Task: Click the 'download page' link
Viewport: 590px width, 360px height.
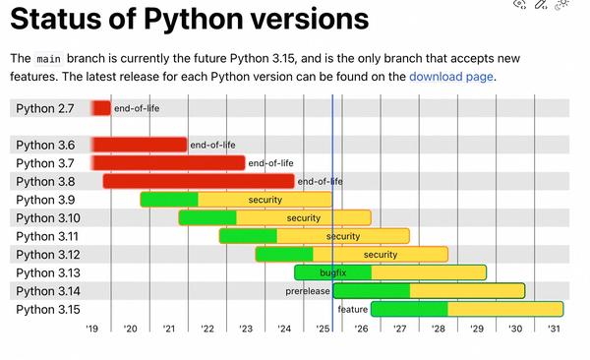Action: (450, 77)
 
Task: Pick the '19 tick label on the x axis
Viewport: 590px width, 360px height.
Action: (91, 329)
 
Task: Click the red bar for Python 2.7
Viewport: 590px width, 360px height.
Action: (101, 108)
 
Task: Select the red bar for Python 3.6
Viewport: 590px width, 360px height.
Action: (140, 145)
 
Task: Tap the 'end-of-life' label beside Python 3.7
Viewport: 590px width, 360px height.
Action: (270, 163)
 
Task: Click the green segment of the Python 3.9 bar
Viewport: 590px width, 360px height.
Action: (169, 200)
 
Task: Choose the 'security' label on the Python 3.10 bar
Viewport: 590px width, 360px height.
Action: (303, 217)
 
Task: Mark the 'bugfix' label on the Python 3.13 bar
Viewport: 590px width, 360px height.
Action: (334, 272)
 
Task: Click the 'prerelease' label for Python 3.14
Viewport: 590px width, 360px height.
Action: (307, 291)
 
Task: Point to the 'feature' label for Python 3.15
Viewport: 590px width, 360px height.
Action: (352, 309)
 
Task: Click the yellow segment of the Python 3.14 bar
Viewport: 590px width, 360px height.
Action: (467, 291)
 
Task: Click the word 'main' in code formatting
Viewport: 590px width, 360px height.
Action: (48, 58)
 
